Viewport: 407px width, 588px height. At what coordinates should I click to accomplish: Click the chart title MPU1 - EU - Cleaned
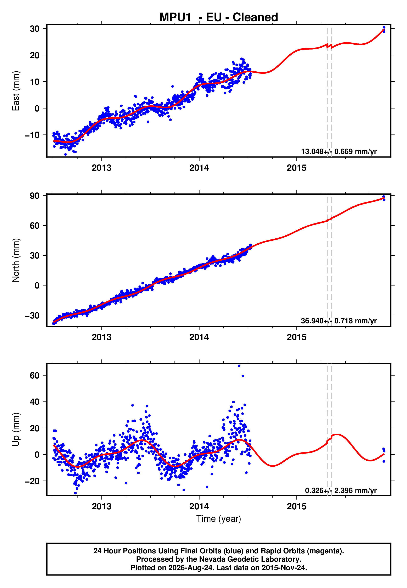pyautogui.click(x=219, y=17)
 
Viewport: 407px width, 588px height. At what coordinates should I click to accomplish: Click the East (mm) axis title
pyautogui.click(x=16, y=91)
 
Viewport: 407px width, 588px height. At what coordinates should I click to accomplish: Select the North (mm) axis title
pyautogui.click(x=16, y=260)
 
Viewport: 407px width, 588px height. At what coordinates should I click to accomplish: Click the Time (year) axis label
pyautogui.click(x=219, y=519)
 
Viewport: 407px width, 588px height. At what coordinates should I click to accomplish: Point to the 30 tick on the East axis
pyautogui.click(x=35, y=29)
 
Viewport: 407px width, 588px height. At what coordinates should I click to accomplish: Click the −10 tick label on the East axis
pyautogui.click(x=32, y=135)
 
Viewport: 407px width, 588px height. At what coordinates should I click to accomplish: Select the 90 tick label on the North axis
pyautogui.click(x=35, y=196)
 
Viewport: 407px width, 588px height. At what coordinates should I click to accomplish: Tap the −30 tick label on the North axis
pyautogui.click(x=32, y=315)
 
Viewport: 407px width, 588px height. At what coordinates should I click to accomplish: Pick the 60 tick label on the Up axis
pyautogui.click(x=35, y=375)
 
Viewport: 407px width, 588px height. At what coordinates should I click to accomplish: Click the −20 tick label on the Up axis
pyautogui.click(x=32, y=481)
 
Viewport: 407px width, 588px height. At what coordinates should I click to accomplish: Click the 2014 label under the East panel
pyautogui.click(x=199, y=168)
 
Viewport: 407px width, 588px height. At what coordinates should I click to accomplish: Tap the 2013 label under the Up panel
pyautogui.click(x=101, y=506)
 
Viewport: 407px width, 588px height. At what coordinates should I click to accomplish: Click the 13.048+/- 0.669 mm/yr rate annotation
pyautogui.click(x=339, y=151)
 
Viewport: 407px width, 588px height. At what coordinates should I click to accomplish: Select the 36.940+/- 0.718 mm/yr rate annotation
pyautogui.click(x=339, y=321)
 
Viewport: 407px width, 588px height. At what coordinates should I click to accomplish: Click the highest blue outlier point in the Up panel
pyautogui.click(x=239, y=366)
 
